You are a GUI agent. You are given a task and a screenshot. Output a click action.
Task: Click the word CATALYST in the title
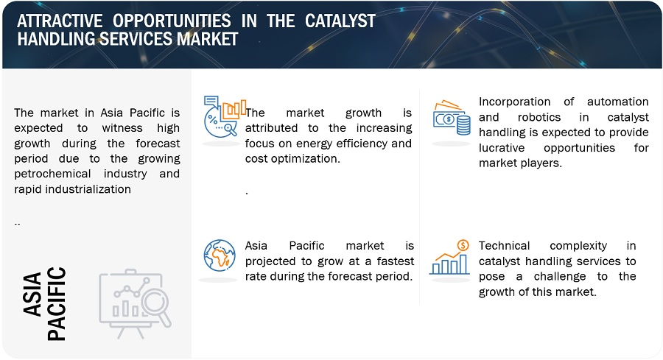(x=340, y=21)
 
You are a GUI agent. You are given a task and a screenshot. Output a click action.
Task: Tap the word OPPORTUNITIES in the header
(x=172, y=21)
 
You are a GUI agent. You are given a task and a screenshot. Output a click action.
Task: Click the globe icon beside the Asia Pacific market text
(x=220, y=255)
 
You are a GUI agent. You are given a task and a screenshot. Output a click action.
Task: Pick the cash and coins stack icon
(x=452, y=118)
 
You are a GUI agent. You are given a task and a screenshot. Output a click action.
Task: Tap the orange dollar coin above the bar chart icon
(x=463, y=245)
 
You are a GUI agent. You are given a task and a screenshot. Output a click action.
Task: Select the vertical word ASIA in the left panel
(x=32, y=294)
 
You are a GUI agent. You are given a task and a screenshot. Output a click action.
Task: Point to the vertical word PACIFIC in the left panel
(x=56, y=303)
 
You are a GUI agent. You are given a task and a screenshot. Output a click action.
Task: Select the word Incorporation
(x=515, y=102)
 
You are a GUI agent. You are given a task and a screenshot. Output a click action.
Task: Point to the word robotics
(x=539, y=117)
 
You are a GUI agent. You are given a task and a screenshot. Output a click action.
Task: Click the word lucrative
(x=502, y=148)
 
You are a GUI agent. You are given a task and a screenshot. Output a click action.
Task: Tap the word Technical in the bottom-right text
(x=504, y=245)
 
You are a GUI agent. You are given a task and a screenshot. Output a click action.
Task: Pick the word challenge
(x=560, y=276)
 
